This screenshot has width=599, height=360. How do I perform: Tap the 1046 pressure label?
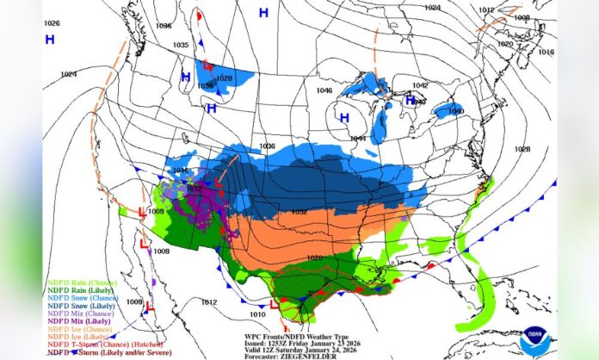324,90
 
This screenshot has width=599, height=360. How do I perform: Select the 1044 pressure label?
358,139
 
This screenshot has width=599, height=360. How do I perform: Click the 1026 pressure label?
52,23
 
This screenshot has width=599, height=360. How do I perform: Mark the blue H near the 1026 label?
50,40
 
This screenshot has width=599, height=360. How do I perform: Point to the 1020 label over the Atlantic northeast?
505,44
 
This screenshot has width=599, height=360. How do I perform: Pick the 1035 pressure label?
181,45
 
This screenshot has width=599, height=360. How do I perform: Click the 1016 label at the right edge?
546,52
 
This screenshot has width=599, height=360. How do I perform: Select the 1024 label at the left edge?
69,74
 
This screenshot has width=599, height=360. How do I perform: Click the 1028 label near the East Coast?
522,149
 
